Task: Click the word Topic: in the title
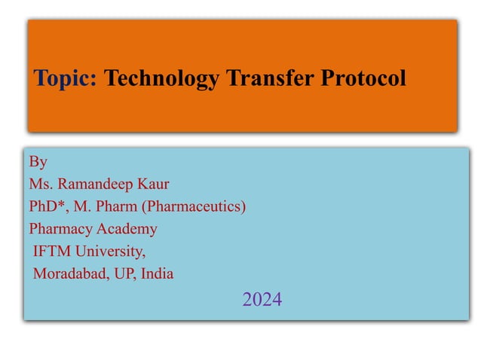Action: (x=66, y=78)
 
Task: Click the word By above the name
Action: (x=38, y=161)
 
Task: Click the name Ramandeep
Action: (x=99, y=184)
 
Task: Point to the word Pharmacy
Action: (x=59, y=229)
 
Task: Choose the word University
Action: (x=112, y=252)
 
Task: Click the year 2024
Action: (x=262, y=301)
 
